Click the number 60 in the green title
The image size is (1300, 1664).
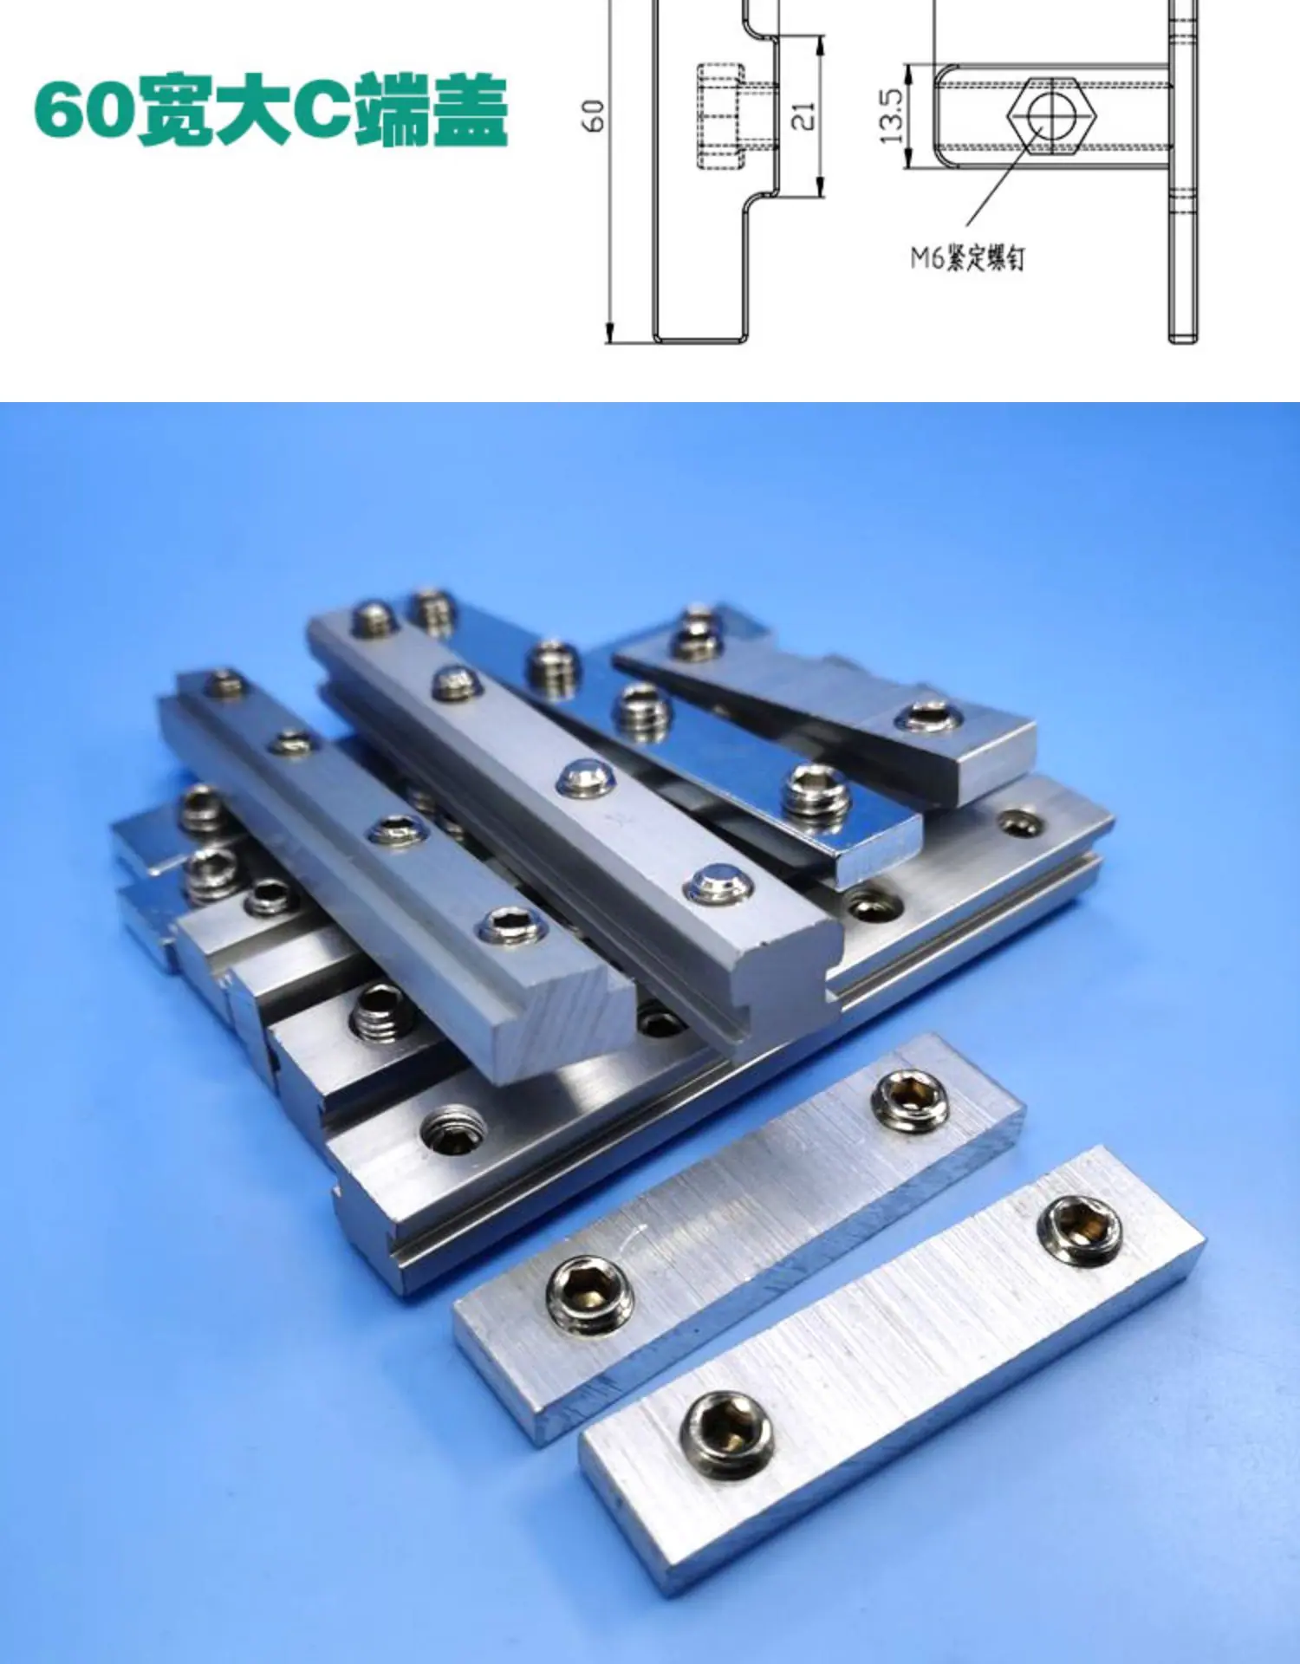click(x=86, y=110)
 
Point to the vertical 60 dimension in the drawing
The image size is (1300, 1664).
click(x=593, y=115)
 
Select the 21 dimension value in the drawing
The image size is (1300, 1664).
click(x=804, y=116)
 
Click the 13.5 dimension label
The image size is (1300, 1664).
click(x=891, y=116)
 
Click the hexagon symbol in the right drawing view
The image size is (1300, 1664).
click(x=1050, y=115)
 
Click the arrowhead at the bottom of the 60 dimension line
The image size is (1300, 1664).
click(x=610, y=333)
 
